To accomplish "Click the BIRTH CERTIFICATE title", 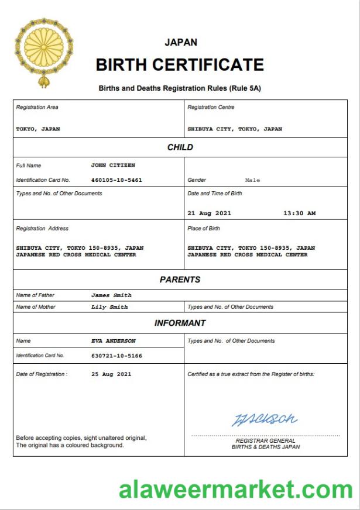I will coord(180,64).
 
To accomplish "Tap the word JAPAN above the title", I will coord(181,42).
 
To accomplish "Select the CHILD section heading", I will coord(180,147).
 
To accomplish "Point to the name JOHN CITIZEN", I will coord(113,166).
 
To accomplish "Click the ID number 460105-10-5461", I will coord(116,180).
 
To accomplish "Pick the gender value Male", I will coord(252,180).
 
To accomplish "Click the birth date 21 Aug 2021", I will coord(209,213).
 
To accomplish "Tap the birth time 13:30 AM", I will coord(299,213).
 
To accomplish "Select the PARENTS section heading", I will coord(180,280).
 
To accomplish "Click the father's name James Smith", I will coord(111,295).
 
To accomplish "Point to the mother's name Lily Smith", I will coord(109,306).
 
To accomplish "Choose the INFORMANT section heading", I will coord(180,323).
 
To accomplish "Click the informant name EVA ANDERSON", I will coord(113,341).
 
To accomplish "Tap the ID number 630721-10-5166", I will coord(116,356).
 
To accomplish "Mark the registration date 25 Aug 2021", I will coord(111,374).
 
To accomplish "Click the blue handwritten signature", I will coord(265,419).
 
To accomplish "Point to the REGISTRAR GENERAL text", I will coord(265,441).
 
